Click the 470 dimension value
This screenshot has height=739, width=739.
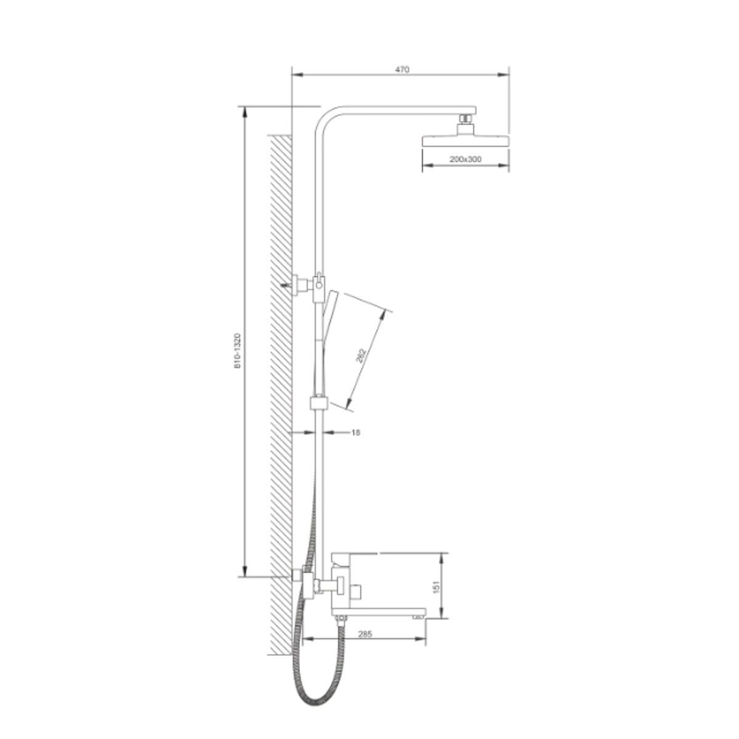point(402,70)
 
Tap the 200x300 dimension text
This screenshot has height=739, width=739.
point(465,159)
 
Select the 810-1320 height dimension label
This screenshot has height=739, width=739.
point(237,351)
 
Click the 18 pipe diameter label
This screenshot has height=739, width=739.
point(355,432)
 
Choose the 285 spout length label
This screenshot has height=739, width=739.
point(365,634)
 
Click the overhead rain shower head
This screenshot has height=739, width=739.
point(465,140)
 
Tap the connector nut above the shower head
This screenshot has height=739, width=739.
point(466,119)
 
